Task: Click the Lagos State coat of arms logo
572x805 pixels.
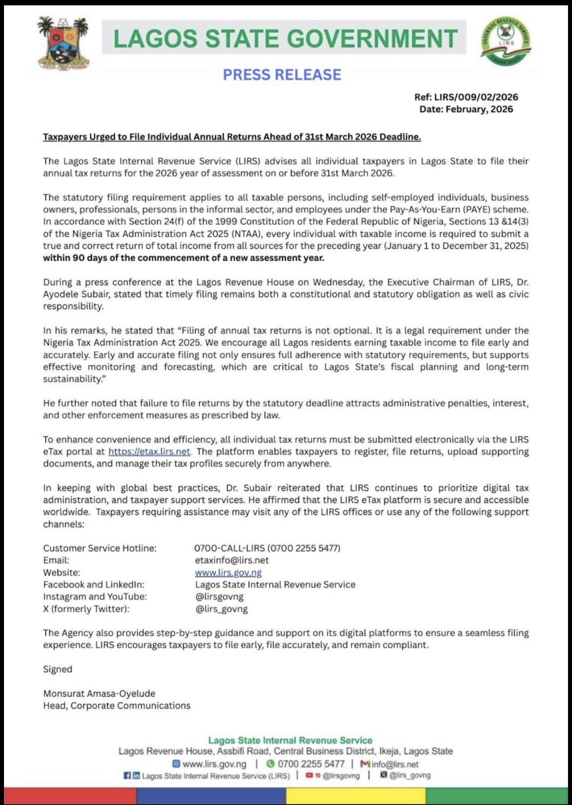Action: pyautogui.click(x=62, y=42)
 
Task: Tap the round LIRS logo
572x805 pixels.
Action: pyautogui.click(x=505, y=42)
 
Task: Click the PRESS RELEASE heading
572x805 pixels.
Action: pyautogui.click(x=282, y=74)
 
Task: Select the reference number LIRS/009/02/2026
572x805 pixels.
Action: pyautogui.click(x=476, y=97)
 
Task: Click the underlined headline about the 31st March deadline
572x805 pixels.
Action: pyautogui.click(x=232, y=137)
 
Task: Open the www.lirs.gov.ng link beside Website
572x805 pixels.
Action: pyautogui.click(x=228, y=572)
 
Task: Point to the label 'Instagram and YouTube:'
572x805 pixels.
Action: pyautogui.click(x=95, y=596)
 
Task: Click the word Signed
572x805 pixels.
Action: pyautogui.click(x=58, y=669)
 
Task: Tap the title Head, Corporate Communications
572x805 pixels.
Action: pyautogui.click(x=117, y=705)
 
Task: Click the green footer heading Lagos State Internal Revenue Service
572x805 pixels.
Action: pyautogui.click(x=286, y=741)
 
